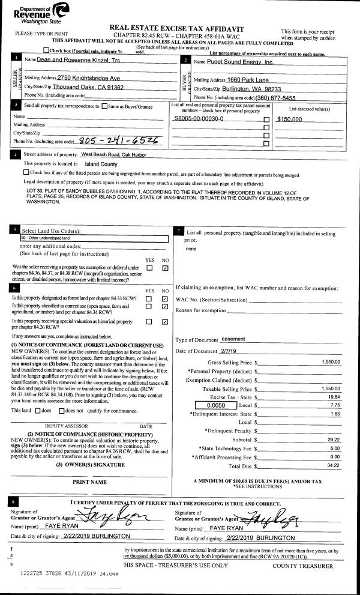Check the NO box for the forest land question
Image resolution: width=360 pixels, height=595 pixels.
tap(165, 298)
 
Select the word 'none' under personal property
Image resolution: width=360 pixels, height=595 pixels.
tap(191, 248)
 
